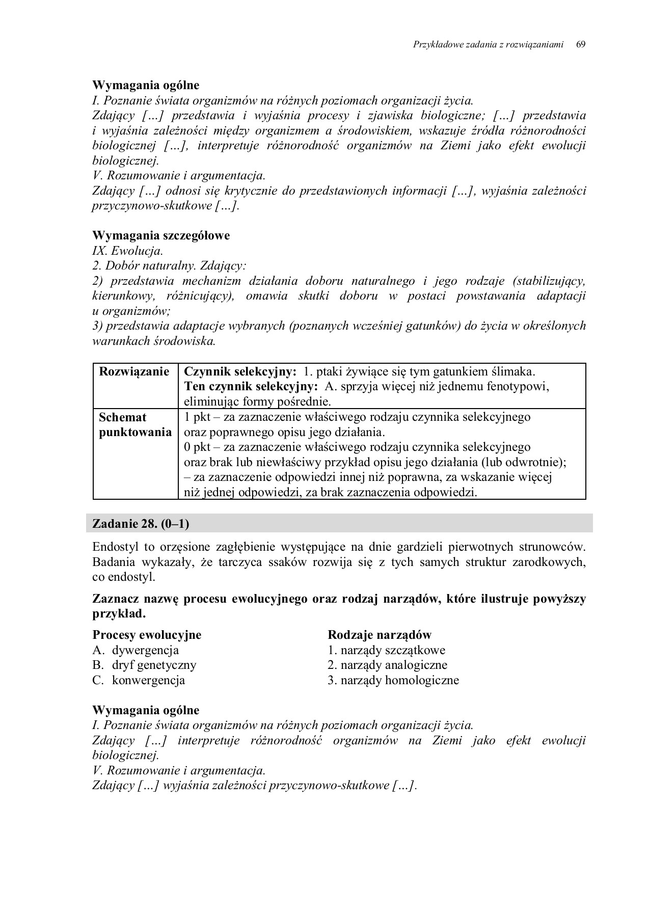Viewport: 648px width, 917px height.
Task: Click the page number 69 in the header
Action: tap(580, 44)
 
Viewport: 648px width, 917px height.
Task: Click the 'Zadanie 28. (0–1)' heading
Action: tap(144, 523)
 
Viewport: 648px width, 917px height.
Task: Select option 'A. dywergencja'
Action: tap(136, 650)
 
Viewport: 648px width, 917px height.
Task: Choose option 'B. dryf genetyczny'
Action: tap(144, 665)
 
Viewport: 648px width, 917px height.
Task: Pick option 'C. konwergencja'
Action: tap(139, 680)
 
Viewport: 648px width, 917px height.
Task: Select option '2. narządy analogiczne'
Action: tap(387, 665)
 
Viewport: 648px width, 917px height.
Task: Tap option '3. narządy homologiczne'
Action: tap(393, 680)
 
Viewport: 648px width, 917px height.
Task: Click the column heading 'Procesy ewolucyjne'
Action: tap(147, 635)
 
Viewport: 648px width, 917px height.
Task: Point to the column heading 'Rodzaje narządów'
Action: tap(380, 635)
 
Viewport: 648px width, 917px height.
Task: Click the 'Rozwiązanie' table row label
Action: tap(134, 371)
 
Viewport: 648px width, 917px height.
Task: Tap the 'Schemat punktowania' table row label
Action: tap(134, 425)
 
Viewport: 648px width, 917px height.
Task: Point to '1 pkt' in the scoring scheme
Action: tap(197, 417)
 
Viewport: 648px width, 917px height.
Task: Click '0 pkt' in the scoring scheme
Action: tap(197, 447)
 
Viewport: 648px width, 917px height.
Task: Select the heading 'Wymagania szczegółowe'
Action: tap(161, 235)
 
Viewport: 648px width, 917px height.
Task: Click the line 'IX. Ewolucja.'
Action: tap(128, 251)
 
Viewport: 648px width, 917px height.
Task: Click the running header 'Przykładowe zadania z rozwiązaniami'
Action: tap(488, 44)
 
